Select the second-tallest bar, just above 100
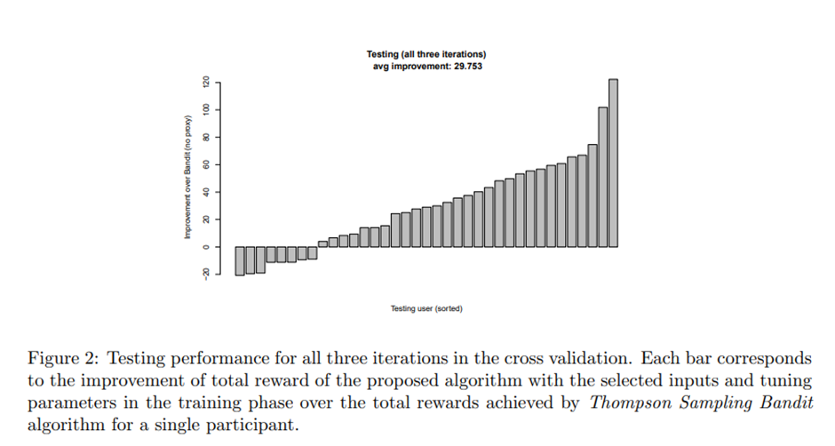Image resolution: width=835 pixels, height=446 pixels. (602, 177)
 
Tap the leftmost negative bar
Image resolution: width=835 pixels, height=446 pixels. (240, 261)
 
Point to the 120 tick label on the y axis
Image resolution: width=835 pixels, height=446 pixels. (204, 82)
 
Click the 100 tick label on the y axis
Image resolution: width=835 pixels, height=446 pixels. (204, 109)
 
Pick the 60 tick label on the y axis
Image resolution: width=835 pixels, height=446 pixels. (204, 164)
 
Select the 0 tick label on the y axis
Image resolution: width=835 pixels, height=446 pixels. (204, 247)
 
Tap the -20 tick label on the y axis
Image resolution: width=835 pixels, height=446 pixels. (204, 274)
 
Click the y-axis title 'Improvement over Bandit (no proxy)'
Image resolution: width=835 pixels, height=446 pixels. (188, 177)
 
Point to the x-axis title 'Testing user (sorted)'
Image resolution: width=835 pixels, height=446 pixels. (426, 309)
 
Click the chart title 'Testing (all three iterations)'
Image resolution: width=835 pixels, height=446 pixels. (426, 56)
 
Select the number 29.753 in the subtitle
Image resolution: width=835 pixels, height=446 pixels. (465, 67)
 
